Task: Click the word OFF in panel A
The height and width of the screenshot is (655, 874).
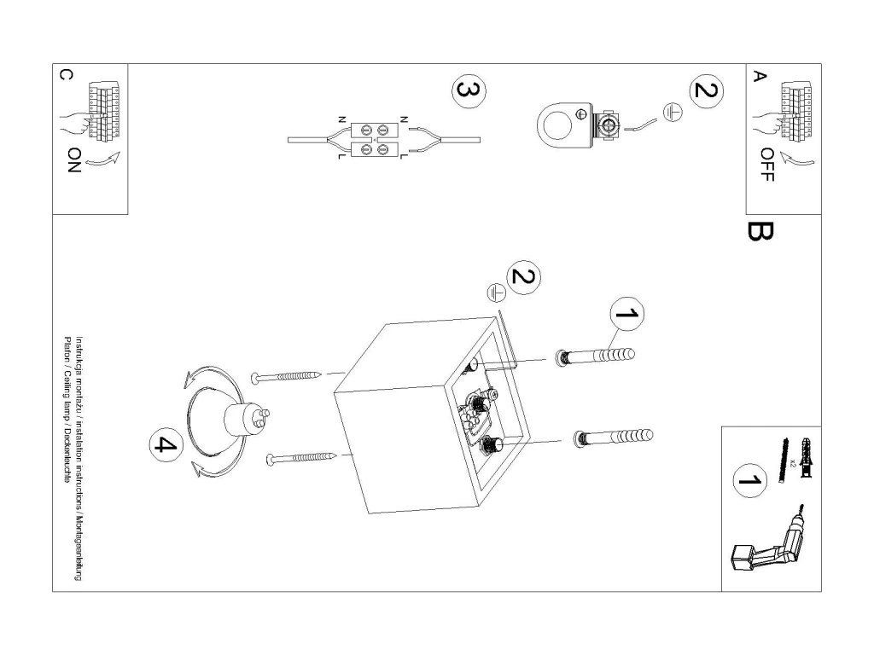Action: pyautogui.click(x=767, y=165)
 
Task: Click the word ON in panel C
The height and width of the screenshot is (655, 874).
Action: pyautogui.click(x=74, y=160)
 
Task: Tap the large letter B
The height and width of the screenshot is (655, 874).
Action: pyautogui.click(x=759, y=232)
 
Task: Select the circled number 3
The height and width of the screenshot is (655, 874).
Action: pyautogui.click(x=469, y=91)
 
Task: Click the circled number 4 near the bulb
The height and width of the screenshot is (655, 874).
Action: pyautogui.click(x=166, y=444)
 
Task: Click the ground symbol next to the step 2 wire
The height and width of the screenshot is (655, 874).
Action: pyautogui.click(x=673, y=113)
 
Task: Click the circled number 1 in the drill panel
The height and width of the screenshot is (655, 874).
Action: pyautogui.click(x=749, y=479)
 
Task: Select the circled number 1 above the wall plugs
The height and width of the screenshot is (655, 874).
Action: pyautogui.click(x=626, y=314)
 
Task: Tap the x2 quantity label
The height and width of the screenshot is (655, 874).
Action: pyautogui.click(x=792, y=461)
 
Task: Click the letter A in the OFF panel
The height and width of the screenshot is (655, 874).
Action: pyautogui.click(x=759, y=76)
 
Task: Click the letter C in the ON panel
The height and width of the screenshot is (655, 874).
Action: pyautogui.click(x=66, y=75)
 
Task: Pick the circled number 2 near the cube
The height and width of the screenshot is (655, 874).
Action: pyautogui.click(x=523, y=277)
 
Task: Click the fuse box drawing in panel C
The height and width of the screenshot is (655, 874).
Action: pyautogui.click(x=104, y=110)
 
